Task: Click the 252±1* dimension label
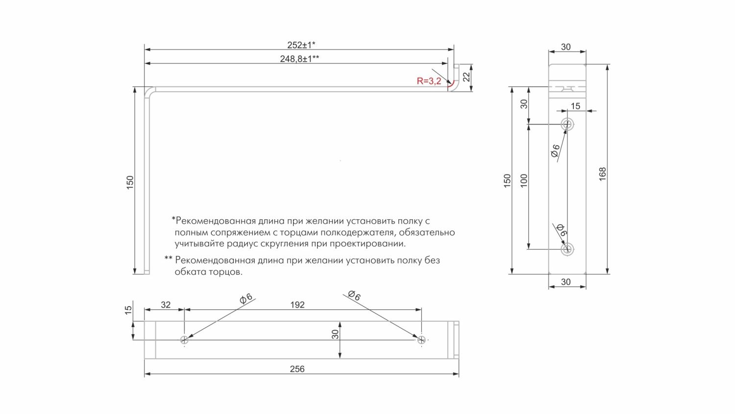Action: coord(301,45)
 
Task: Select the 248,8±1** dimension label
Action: coord(300,59)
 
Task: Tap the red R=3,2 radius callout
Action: coord(429,81)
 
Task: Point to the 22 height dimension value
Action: coord(466,77)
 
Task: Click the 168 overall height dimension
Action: coord(603,174)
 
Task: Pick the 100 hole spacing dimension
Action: coord(524,181)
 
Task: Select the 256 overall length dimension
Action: coord(297,369)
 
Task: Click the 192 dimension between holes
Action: coord(297,305)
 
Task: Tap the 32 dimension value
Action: coord(166,305)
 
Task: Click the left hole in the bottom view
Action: coord(184,339)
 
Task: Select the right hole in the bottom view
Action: coord(421,339)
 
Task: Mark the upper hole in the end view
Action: coord(567,124)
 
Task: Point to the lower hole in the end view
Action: coord(567,249)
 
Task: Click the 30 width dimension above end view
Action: coord(566,47)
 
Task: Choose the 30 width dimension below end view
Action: coord(566,282)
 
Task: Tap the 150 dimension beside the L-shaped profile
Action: coord(130,182)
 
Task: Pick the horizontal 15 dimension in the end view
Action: coord(575,106)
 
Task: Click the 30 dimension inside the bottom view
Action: coord(335,335)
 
